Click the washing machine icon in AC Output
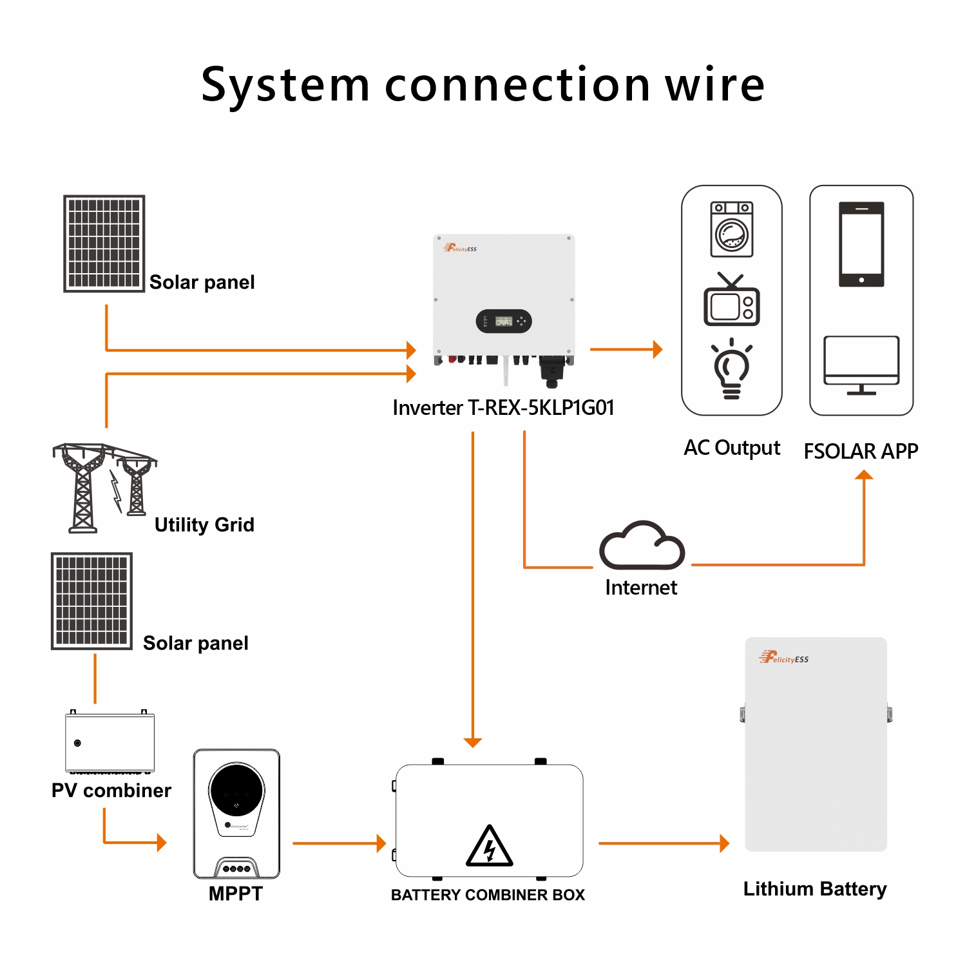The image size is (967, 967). [x=732, y=229]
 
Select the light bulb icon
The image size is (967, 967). [x=732, y=369]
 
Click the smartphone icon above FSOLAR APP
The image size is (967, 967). [x=861, y=244]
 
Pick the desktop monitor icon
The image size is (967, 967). [x=861, y=365]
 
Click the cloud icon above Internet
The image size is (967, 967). [x=642, y=546]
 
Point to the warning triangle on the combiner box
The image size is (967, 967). [x=490, y=846]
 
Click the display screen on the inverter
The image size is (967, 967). [x=503, y=321]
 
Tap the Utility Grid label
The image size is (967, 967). [x=204, y=525]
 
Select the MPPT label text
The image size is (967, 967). [x=236, y=894]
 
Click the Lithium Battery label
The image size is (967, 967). [x=815, y=890]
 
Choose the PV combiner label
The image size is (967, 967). [x=111, y=790]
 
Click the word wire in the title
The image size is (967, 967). [x=715, y=85]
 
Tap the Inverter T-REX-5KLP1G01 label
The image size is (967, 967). [x=503, y=408]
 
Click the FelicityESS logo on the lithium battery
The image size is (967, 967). [x=784, y=658]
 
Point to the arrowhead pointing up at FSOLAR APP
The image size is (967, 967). [x=864, y=475]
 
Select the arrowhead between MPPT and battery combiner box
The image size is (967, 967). [x=381, y=843]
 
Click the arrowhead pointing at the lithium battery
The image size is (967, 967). [x=725, y=843]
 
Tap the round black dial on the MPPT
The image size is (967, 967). [x=236, y=790]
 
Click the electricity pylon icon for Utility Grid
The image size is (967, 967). [x=103, y=486]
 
